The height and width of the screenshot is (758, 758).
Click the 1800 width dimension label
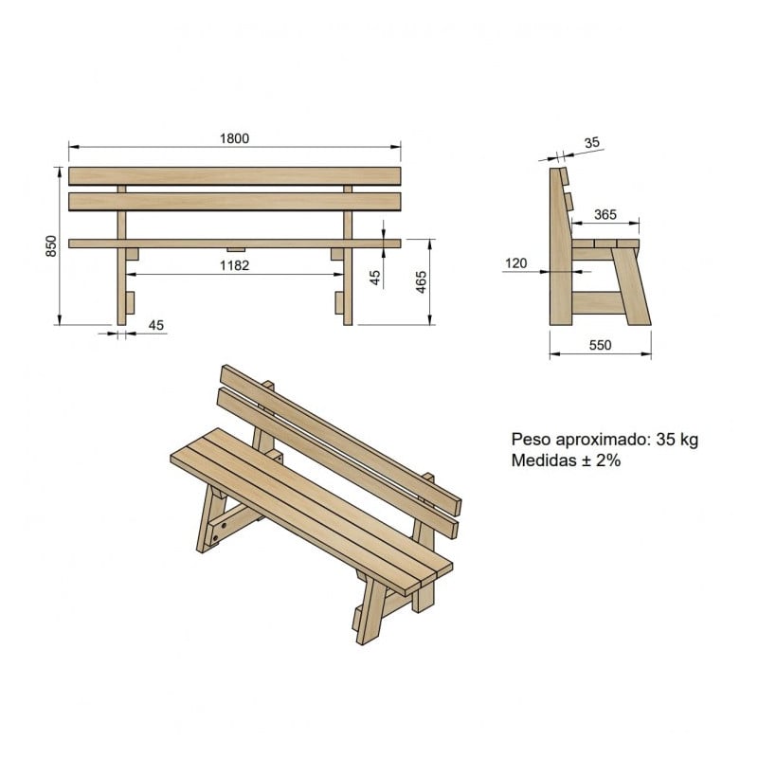235,138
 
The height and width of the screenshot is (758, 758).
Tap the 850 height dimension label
52,245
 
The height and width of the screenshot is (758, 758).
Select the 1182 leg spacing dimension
234,265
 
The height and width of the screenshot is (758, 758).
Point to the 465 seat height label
422,281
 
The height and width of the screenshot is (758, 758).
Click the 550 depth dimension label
600,346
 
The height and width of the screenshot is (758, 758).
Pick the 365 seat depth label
605,214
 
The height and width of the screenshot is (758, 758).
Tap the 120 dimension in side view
515,263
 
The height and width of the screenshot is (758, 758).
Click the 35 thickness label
592,143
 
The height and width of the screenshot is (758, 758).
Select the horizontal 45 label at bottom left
156,325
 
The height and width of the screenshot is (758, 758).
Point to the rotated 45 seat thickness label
374,277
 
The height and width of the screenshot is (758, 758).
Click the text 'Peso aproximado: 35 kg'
605,440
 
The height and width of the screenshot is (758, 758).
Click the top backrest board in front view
234,176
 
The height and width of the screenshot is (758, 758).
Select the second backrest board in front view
234,201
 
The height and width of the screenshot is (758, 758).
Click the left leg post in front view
121,284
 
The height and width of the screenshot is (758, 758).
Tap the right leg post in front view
348,284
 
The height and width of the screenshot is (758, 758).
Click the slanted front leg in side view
633,284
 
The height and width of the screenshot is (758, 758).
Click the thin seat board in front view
234,244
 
